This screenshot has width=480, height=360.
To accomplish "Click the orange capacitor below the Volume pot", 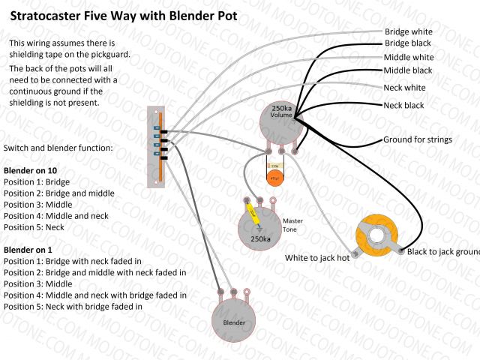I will point(274,177).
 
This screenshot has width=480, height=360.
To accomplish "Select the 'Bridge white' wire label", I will point(408,31).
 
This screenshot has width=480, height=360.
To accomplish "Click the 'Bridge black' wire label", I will point(408,43).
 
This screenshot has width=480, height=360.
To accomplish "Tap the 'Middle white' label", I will point(409,57).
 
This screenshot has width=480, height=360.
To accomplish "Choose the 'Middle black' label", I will point(408,70).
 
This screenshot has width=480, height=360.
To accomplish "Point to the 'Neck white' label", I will point(404,88).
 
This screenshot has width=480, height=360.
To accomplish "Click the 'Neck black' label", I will point(403,106).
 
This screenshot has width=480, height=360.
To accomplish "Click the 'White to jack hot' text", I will point(317,258).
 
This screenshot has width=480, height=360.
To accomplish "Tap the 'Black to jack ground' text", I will point(442,251).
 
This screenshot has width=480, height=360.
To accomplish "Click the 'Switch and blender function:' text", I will point(58,148).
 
